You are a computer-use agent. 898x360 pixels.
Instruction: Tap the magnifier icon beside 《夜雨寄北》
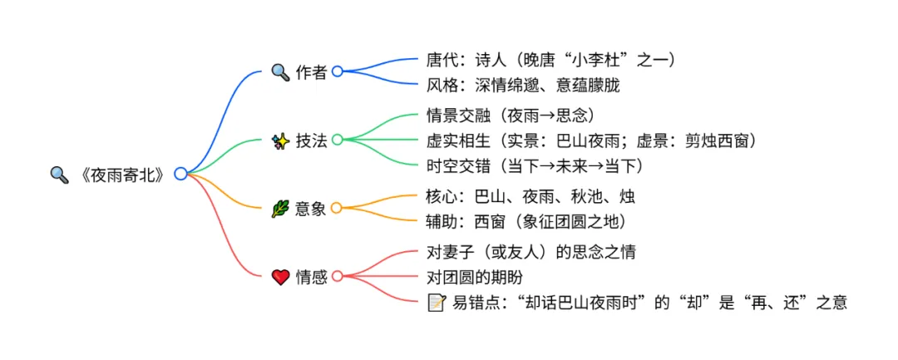tap(59, 175)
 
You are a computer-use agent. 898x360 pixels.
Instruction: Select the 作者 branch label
tap(311, 72)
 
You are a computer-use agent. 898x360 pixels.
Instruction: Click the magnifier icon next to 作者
tap(280, 72)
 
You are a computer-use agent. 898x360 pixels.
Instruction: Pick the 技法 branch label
tap(311, 141)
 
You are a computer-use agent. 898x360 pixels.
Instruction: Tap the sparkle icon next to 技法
tap(280, 141)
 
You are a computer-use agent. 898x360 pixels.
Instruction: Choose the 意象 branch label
tap(311, 209)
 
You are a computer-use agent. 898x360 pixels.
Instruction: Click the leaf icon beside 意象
tap(280, 209)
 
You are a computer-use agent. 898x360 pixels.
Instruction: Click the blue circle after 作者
tap(337, 72)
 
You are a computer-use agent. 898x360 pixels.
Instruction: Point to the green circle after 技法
tap(337, 140)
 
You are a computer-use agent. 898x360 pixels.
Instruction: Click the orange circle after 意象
tap(337, 208)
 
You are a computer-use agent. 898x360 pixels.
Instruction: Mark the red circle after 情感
tap(337, 277)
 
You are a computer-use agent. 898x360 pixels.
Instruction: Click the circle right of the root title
tap(180, 174)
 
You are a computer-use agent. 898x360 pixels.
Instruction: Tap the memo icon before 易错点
tap(436, 303)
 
